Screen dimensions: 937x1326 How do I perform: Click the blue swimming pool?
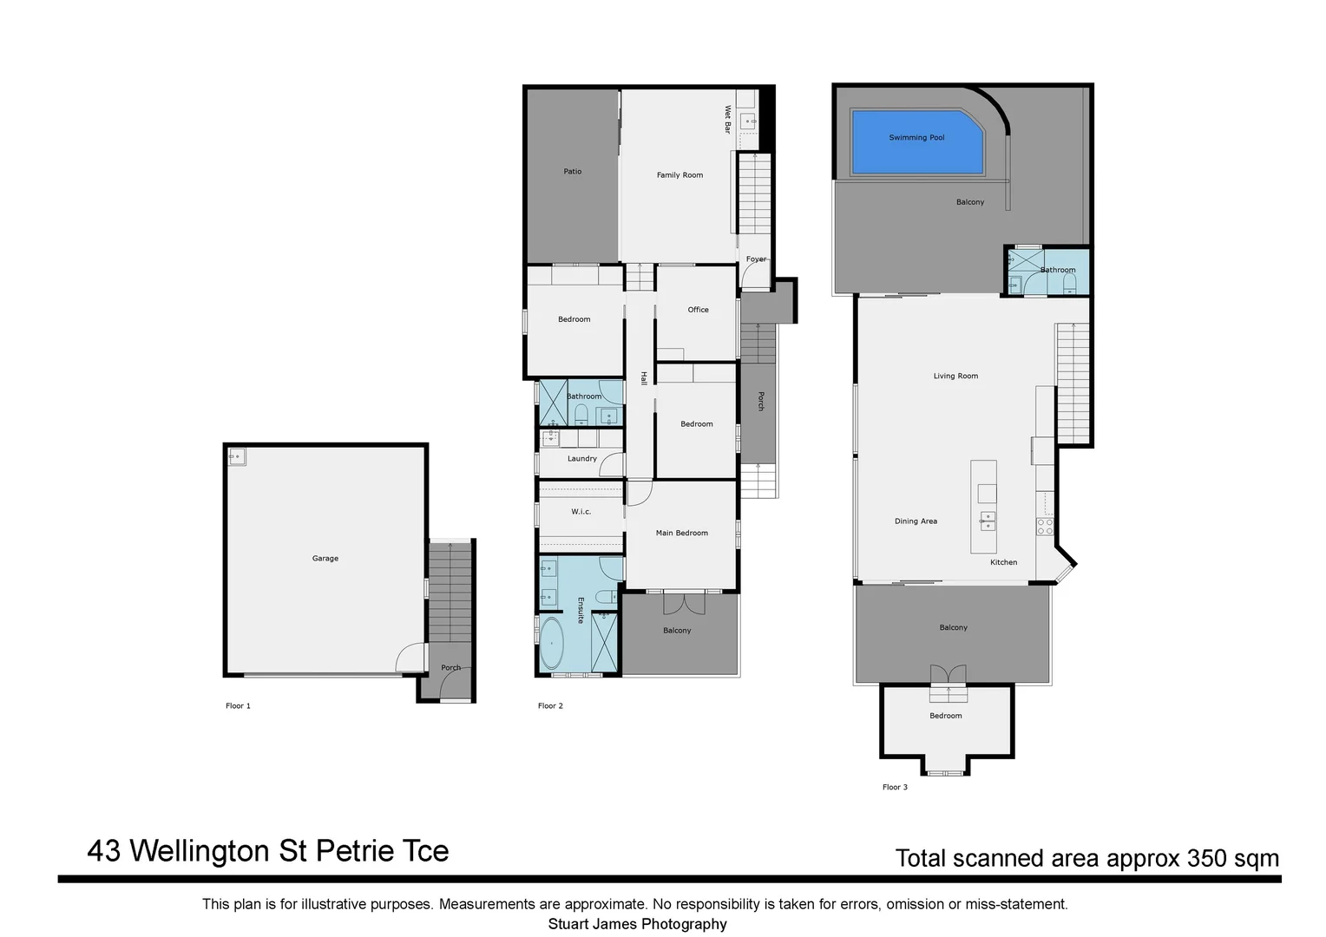tap(916, 142)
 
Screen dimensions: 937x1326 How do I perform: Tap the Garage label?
tap(325, 559)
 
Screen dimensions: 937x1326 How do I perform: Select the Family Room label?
tap(679, 175)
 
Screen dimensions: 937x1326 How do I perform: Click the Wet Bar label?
tap(728, 119)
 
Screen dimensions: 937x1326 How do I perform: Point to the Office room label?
tap(698, 310)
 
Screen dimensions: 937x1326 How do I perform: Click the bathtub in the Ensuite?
tap(551, 644)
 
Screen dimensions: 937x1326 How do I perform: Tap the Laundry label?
tap(581, 459)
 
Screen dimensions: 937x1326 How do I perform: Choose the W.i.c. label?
tap(581, 512)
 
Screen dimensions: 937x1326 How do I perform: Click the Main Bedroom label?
tap(681, 534)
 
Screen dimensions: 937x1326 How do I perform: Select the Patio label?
tap(573, 172)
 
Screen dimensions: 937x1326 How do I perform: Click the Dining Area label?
tap(916, 521)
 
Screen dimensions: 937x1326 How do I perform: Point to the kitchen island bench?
tap(983, 508)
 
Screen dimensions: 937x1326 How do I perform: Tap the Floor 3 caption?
tap(895, 788)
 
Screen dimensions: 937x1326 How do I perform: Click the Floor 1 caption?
tap(238, 706)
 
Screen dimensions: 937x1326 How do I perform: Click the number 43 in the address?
tap(104, 851)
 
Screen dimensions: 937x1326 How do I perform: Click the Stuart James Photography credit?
tap(637, 924)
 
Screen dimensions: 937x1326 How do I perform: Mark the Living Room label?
tap(955, 377)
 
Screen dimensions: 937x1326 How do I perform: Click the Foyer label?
tap(756, 259)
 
